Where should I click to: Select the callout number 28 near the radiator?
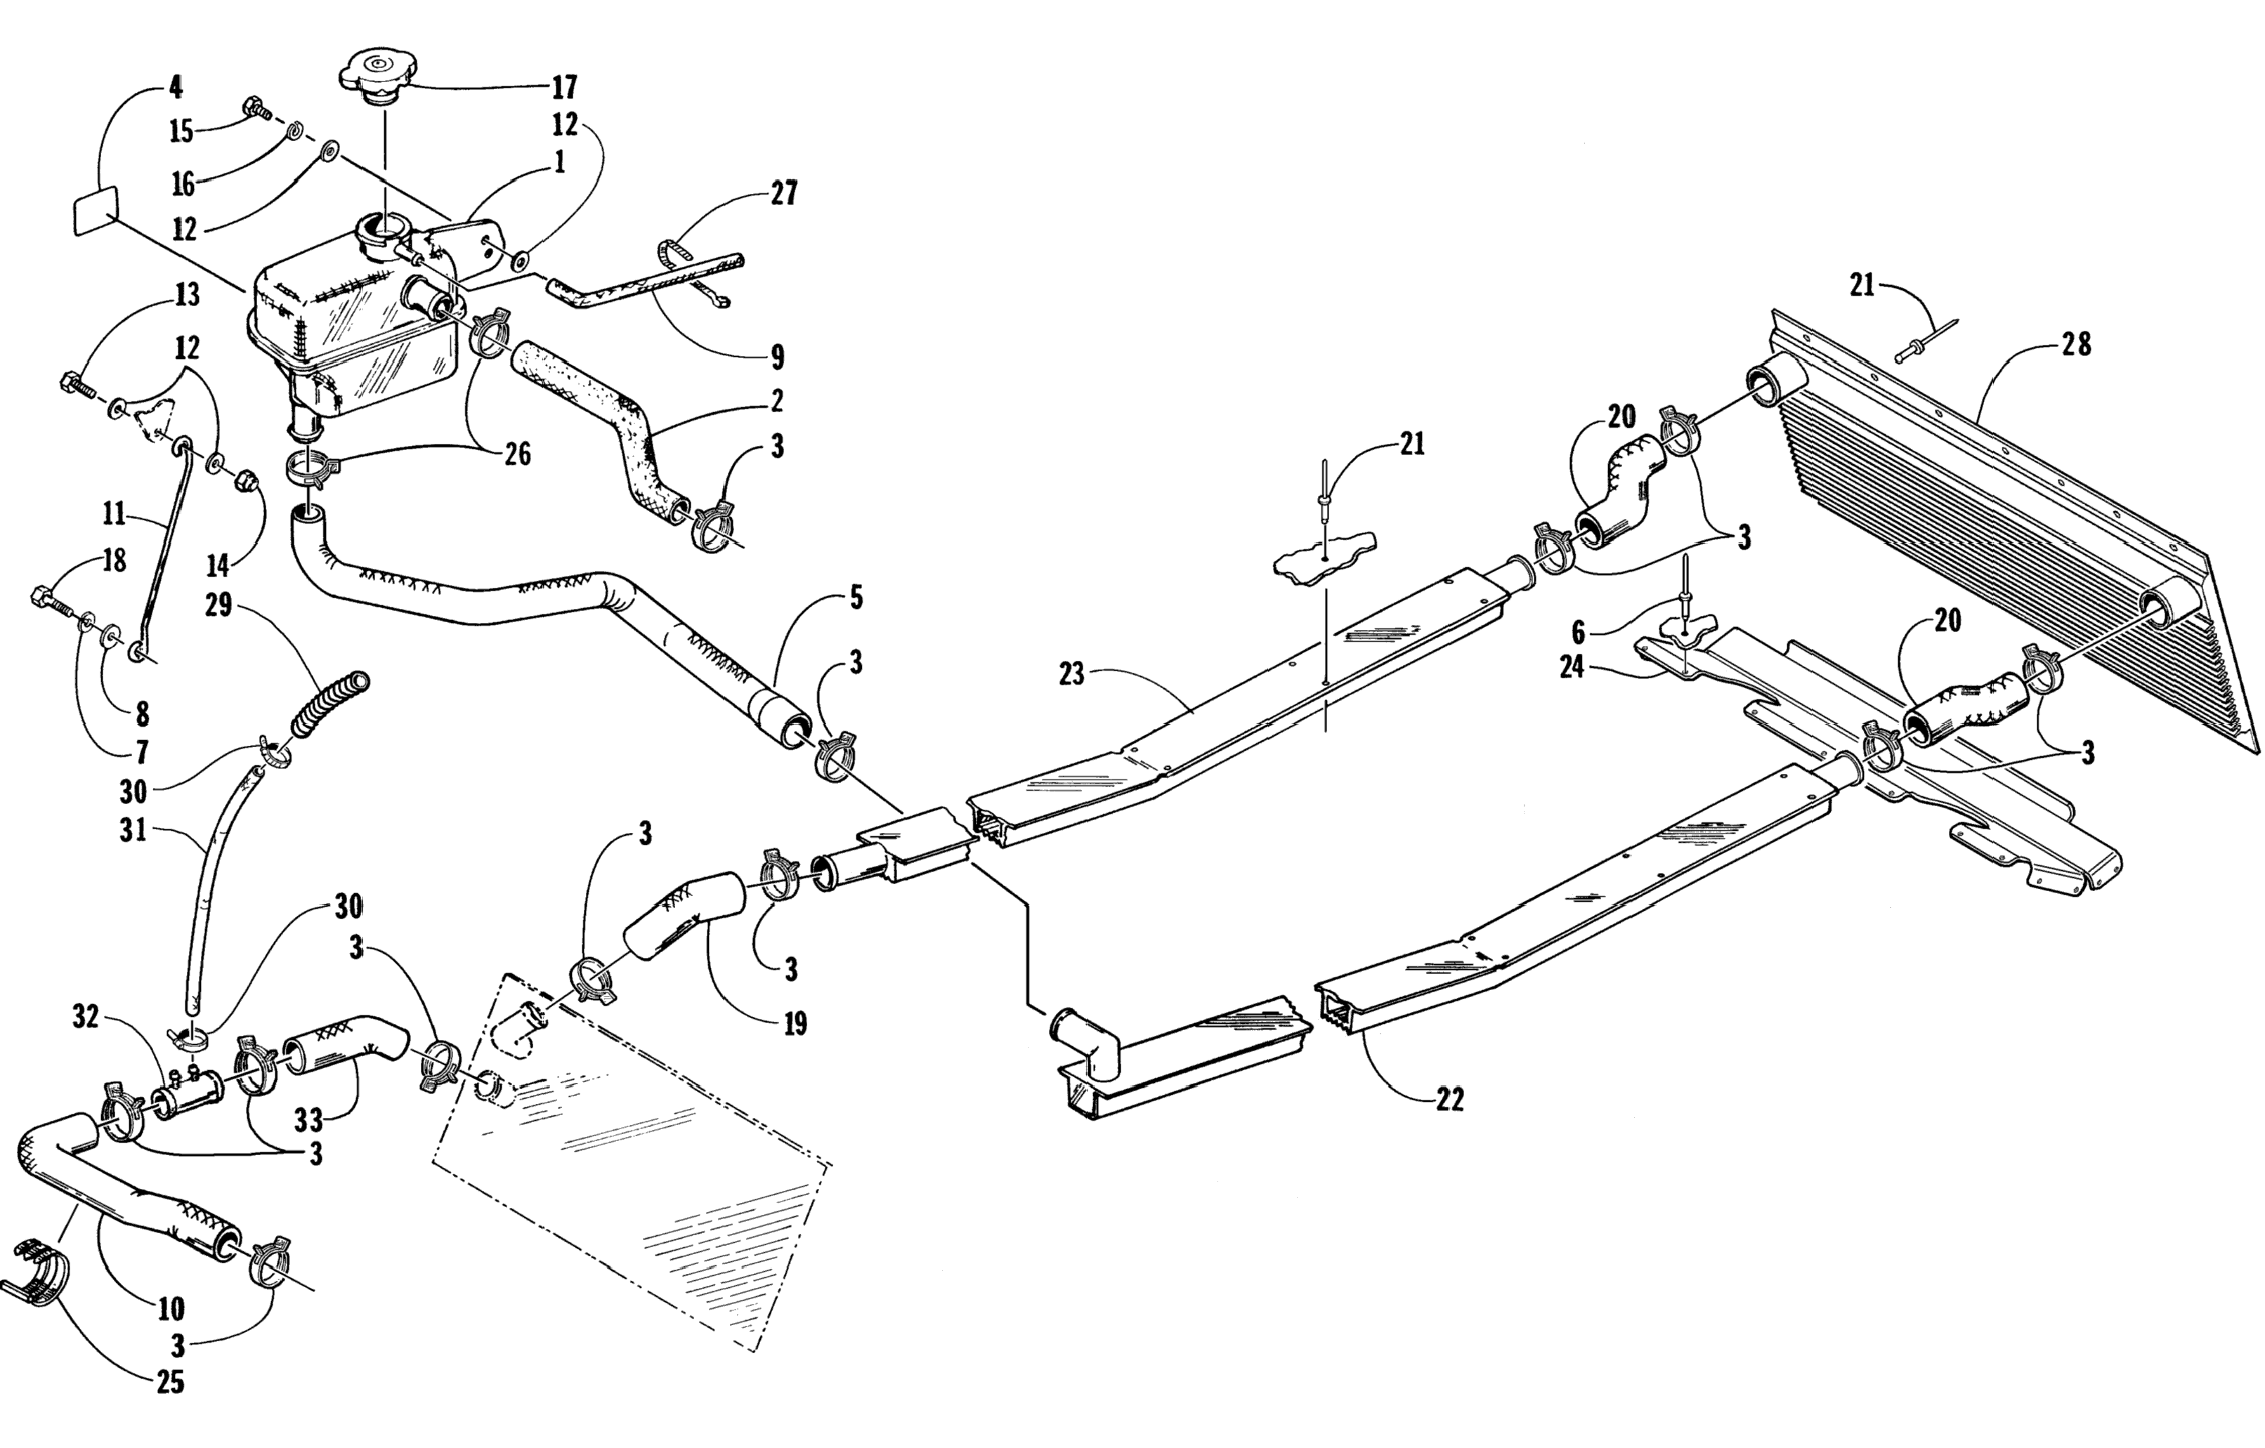tap(2076, 345)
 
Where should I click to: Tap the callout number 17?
tap(563, 88)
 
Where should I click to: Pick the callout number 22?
tap(1449, 1099)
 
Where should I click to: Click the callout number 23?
tap(1071, 674)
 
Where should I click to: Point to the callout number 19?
tap(795, 1023)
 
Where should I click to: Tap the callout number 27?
tap(783, 194)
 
